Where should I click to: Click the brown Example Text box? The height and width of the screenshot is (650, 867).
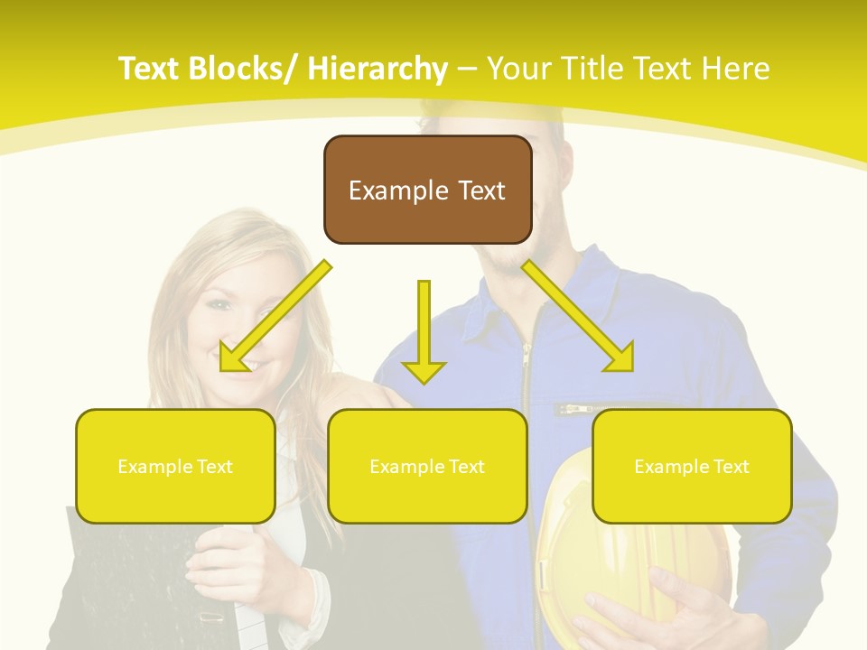click(x=427, y=190)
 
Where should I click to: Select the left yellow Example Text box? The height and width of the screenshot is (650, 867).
click(x=175, y=466)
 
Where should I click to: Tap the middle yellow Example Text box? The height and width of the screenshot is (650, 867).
click(x=427, y=466)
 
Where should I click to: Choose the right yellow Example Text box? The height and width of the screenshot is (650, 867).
click(x=692, y=466)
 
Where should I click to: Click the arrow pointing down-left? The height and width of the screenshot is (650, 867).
click(x=275, y=316)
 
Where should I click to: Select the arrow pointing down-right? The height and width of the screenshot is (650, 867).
click(x=578, y=316)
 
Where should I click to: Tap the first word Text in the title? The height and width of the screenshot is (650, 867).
click(x=153, y=69)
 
